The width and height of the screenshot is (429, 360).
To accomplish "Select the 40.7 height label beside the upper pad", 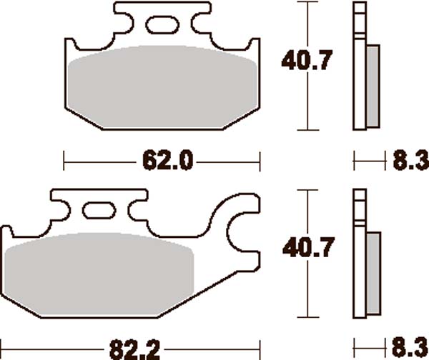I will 307,63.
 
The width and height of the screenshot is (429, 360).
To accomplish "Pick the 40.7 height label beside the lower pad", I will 307,250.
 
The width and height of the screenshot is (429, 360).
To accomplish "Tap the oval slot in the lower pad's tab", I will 97,212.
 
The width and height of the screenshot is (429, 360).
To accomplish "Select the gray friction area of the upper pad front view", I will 162,86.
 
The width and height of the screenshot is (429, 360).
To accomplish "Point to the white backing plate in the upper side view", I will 360,68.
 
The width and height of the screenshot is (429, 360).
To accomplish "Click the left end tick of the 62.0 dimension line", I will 65,161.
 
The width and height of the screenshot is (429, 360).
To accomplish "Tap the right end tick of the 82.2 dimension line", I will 260,349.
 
